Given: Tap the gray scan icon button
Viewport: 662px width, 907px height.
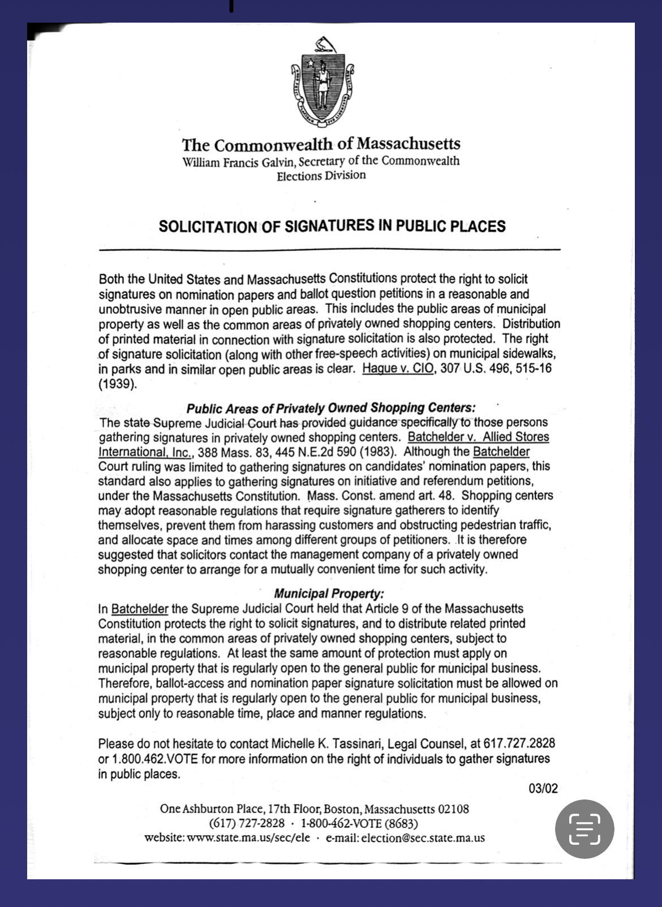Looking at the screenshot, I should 584,829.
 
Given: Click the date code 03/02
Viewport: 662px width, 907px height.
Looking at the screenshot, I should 543,788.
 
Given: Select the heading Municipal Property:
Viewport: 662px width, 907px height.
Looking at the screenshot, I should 329,594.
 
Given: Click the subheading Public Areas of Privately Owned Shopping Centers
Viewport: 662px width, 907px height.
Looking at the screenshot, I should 331,407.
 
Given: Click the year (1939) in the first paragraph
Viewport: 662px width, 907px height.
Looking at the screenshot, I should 117,384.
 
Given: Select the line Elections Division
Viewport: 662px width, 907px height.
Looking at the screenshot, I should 321,175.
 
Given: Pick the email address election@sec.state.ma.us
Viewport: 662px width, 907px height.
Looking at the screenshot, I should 422,838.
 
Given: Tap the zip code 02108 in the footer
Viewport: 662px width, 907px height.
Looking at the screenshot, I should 453,809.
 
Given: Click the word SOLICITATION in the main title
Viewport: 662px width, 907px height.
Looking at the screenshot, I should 207,227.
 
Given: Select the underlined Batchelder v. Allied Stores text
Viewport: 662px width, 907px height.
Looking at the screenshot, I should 478,437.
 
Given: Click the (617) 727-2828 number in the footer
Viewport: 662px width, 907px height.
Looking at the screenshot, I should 247,823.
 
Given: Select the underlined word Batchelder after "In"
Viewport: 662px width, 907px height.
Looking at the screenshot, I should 139,609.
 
